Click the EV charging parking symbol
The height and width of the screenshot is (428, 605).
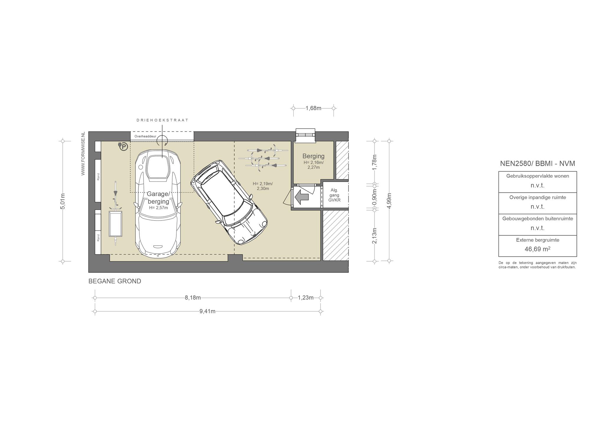click(x=123, y=146)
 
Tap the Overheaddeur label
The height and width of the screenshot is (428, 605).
click(x=145, y=136)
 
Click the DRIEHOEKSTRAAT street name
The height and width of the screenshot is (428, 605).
click(x=162, y=120)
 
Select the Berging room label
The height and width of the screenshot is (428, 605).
click(x=313, y=156)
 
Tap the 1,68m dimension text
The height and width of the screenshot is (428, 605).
click(x=313, y=108)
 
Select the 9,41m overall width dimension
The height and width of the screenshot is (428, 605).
click(x=207, y=311)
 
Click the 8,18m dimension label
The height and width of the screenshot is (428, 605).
click(x=193, y=298)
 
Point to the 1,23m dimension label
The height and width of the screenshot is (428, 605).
click(x=306, y=298)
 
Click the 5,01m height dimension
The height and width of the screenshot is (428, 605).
click(x=63, y=201)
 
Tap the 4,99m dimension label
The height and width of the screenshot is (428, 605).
click(x=389, y=201)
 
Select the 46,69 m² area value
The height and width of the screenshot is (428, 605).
click(x=537, y=249)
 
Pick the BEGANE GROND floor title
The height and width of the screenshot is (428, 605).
click(x=115, y=281)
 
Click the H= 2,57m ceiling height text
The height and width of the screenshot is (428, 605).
click(x=158, y=208)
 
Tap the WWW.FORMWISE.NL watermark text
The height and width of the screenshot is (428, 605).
click(x=83, y=154)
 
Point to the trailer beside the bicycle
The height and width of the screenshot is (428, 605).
click(x=116, y=224)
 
